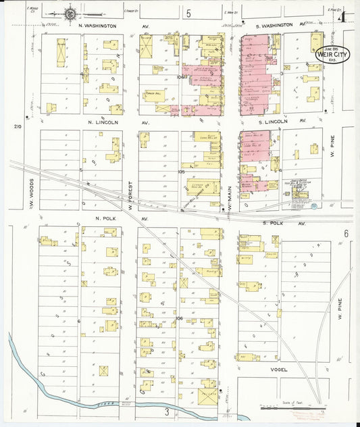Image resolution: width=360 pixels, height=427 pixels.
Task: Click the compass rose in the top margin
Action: coord(70,12)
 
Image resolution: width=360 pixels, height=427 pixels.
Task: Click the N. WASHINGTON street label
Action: coord(97,26)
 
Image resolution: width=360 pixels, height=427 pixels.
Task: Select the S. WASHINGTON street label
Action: coord(278,25)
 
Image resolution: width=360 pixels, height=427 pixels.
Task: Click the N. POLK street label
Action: coord(107,219)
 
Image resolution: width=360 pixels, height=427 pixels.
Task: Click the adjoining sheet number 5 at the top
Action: coord(189,14)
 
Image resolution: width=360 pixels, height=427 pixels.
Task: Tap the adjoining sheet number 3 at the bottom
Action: coord(166,411)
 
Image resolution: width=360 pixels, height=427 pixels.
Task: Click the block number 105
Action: coord(180,172)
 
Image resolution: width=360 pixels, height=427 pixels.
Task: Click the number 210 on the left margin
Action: coord(18,126)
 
